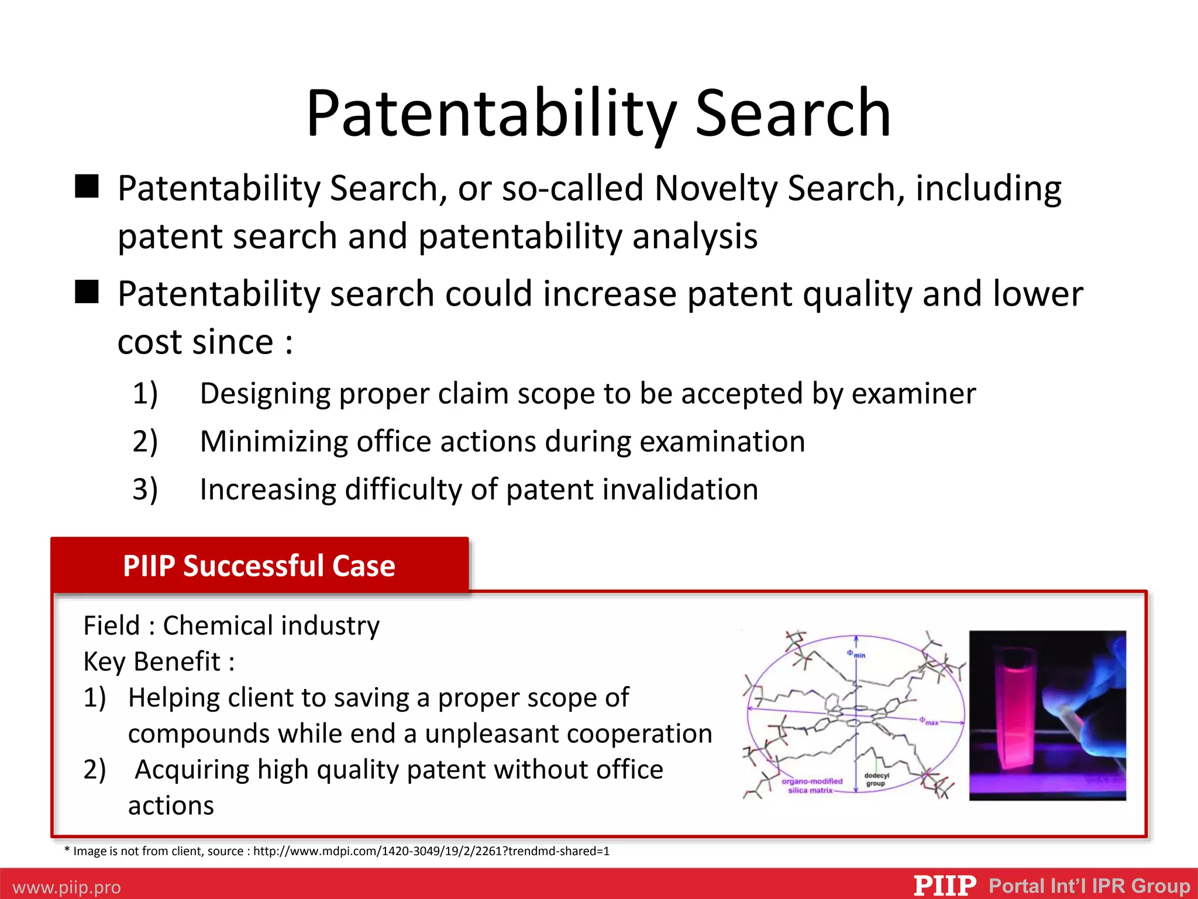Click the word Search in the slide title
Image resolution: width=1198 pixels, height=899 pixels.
click(x=793, y=114)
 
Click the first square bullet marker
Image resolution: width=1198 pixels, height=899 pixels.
click(x=87, y=187)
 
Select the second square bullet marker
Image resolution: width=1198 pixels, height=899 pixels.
click(x=87, y=291)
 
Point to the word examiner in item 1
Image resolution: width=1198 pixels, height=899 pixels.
click(x=913, y=394)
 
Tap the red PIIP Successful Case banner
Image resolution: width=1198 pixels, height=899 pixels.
click(x=259, y=565)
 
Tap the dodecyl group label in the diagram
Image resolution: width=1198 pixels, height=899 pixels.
click(x=876, y=780)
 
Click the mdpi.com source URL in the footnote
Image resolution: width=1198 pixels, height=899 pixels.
click(x=431, y=851)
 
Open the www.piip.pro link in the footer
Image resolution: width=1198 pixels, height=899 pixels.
click(x=67, y=887)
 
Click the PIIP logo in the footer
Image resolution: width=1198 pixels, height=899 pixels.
click(x=945, y=885)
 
